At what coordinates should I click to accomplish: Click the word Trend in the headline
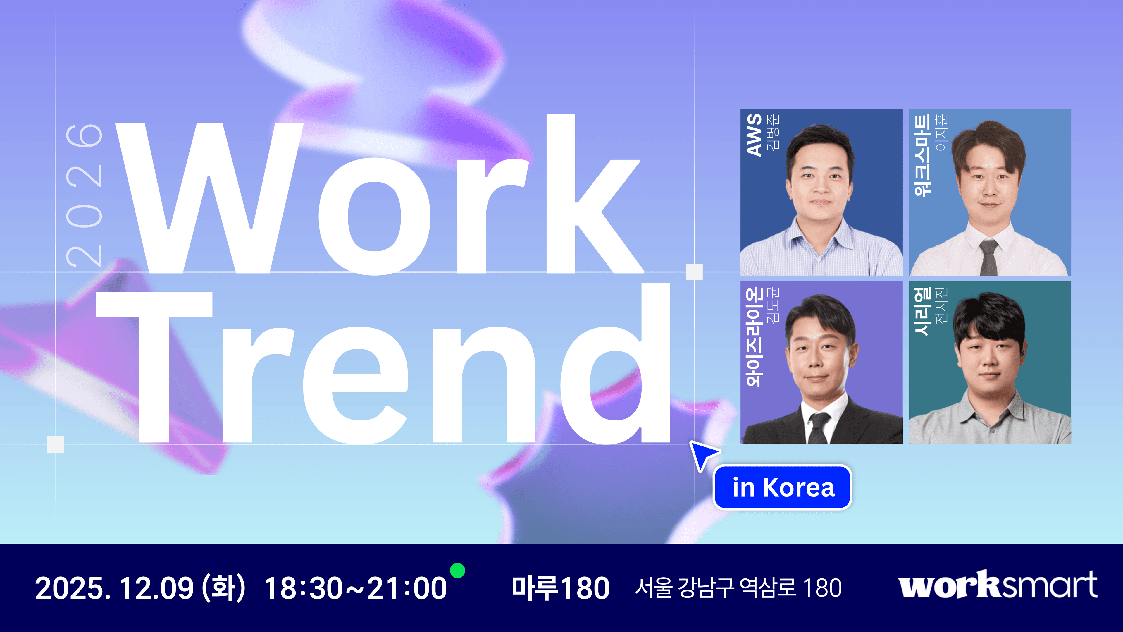384,371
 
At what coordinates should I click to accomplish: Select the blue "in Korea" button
783,487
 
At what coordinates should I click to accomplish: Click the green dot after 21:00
457,570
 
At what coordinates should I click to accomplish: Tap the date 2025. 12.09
114,588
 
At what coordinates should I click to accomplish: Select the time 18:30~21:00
356,588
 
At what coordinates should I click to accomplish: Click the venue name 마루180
561,588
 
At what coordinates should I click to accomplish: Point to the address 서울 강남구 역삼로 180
738,588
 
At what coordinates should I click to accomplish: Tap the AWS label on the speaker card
754,135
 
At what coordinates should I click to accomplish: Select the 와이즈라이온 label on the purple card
754,336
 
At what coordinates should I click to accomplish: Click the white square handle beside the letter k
694,272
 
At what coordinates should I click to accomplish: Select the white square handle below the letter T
55,444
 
